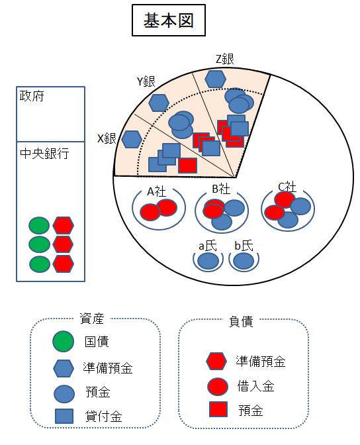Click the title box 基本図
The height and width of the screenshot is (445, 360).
pos(169,20)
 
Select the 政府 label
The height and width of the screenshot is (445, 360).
pos(32,96)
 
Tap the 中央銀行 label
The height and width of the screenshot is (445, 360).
pos(44,154)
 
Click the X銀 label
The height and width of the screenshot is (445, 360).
pos(107,138)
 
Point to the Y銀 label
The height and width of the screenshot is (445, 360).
pos(146,81)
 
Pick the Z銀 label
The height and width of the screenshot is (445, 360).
pos(225,60)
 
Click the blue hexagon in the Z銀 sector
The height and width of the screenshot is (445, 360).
pos(215,79)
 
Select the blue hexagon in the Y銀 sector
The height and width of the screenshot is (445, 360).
pos(159,103)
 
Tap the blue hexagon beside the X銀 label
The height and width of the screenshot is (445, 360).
pos(132,139)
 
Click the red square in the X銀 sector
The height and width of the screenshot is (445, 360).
pos(187,166)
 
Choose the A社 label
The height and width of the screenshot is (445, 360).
pos(156,192)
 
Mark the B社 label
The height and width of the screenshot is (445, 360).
pos(221,189)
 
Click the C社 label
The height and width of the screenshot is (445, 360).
pos(287,187)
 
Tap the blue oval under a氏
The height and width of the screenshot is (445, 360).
pos(208,261)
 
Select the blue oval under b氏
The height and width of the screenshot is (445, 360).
pos(244,261)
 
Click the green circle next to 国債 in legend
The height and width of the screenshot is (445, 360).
pos(64,341)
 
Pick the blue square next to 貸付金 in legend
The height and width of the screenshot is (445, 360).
pos(64,416)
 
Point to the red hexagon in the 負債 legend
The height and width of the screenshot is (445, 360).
pos(216,362)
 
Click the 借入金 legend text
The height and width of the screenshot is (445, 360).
pos(256,386)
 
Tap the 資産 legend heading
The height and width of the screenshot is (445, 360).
pos(91,319)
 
